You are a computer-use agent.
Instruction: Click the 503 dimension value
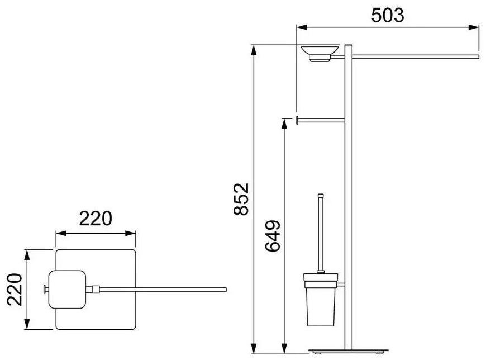coord(388,16)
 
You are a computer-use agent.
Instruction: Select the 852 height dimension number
coord(241,199)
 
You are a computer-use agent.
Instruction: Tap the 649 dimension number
coord(273,236)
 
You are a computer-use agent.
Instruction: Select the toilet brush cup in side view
coord(321,300)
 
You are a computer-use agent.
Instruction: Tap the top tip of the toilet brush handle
coord(321,195)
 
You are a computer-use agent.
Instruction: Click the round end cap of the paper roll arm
coord(297,120)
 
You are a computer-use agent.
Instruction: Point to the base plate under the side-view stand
coord(349,351)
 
